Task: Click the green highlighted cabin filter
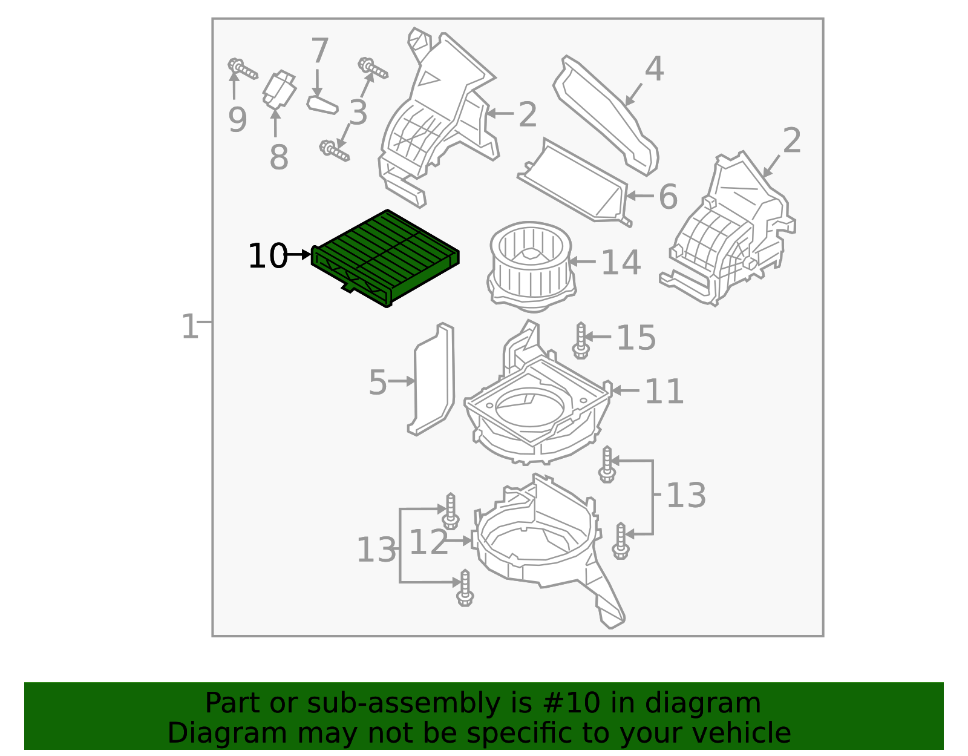pos(385,257)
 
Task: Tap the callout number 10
pos(267,256)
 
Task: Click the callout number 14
pos(621,263)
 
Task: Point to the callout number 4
pos(653,69)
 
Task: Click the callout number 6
pos(668,197)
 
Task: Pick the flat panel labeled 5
pos(433,380)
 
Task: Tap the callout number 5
pos(378,383)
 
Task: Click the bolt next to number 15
pos(581,340)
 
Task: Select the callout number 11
pos(664,392)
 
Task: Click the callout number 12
pos(428,542)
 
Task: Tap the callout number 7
pos(319,50)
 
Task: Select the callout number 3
pos(358,113)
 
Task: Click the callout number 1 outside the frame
pos(189,327)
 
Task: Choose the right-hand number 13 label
pos(686,496)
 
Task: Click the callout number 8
pos(278,157)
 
